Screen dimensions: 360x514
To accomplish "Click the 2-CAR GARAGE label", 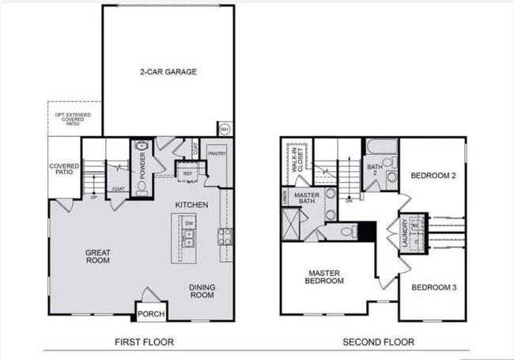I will point(169,72).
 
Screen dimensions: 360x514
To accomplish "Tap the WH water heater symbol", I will point(224,129).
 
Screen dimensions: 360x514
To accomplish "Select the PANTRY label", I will point(217,153).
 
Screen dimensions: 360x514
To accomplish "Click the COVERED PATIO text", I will point(63,169).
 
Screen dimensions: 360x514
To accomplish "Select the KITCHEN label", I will point(192,205).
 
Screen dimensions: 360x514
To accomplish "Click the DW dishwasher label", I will point(190,224).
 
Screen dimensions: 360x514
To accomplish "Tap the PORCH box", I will point(151,313).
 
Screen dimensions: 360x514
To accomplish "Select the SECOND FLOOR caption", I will point(378,342).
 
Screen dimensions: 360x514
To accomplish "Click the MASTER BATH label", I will point(306,198).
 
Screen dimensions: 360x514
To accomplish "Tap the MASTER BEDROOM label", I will point(326,277).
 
